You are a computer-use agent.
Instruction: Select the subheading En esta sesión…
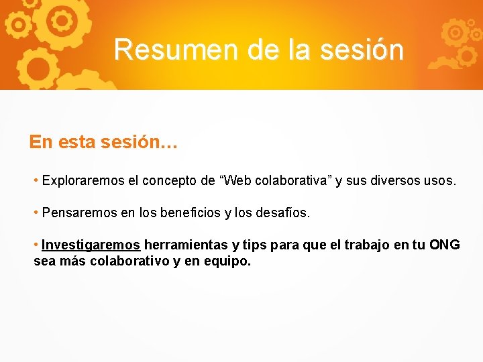(103, 142)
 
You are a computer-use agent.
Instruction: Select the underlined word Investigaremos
(91, 245)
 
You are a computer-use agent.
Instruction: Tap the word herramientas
(185, 245)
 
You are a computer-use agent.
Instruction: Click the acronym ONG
(444, 245)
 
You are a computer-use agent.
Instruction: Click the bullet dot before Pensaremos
(36, 213)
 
